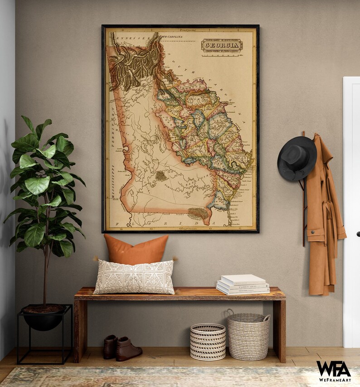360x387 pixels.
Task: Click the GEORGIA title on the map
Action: pyautogui.click(x=222, y=45)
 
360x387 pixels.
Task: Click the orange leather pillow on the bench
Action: pyautogui.click(x=136, y=250)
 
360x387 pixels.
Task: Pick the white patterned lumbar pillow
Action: pyautogui.click(x=134, y=276)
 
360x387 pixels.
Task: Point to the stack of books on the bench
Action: pyautogui.click(x=243, y=285)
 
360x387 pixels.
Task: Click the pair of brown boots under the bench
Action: pyautogui.click(x=122, y=348)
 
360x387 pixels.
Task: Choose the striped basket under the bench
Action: pyautogui.click(x=208, y=341)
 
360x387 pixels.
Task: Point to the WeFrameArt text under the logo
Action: pyautogui.click(x=333, y=380)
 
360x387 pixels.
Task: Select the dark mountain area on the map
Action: pyautogui.click(x=136, y=66)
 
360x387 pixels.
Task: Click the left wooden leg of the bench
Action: pyautogui.click(x=81, y=328)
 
